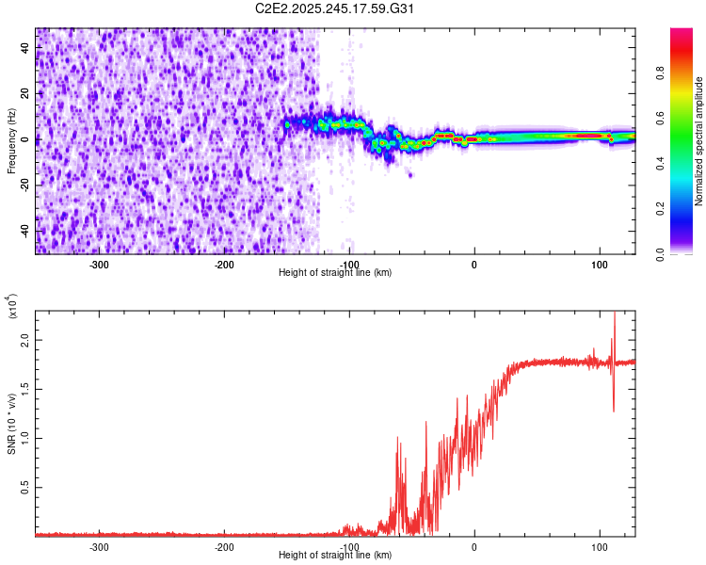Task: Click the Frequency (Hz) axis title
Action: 11,141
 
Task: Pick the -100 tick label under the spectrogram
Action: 349,264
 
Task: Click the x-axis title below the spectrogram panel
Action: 335,273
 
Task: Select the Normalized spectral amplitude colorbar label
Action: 699,141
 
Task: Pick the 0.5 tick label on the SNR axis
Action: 25,487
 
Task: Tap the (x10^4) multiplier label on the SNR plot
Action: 13,306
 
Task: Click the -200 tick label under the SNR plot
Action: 224,547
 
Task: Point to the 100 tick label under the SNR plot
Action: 599,547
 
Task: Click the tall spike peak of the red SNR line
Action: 615,314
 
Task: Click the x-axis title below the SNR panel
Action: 335,556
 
